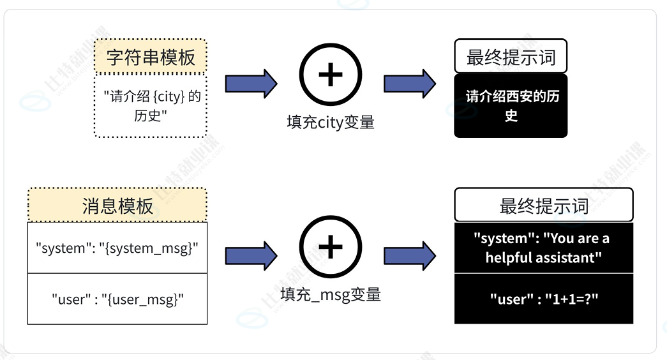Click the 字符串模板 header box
click(150, 56)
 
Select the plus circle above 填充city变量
click(331, 75)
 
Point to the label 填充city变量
click(331, 122)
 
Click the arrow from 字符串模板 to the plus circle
click(251, 84)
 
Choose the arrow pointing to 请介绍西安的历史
click(410, 84)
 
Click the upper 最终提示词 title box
click(511, 56)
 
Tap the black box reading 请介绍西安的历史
click(511, 105)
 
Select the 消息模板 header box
click(117, 205)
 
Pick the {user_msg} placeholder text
click(142, 299)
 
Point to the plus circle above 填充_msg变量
click(331, 247)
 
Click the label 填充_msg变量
click(331, 294)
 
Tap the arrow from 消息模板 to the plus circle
click(251, 256)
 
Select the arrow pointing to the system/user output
click(410, 256)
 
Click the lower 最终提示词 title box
click(544, 205)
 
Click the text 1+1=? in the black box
click(572, 299)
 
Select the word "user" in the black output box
click(511, 299)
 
